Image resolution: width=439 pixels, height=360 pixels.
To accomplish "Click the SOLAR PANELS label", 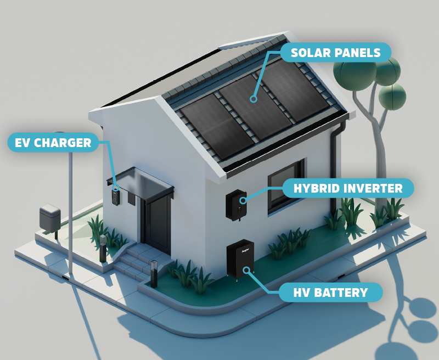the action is [335, 53].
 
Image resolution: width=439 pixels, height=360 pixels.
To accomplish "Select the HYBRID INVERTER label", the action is [348, 189].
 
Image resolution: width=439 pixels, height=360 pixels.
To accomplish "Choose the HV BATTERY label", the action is [330, 292].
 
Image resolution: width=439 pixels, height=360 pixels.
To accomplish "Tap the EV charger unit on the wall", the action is [115, 196].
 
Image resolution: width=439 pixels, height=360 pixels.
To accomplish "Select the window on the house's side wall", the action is [285, 187].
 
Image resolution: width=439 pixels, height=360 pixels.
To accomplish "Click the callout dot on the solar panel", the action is [253, 99].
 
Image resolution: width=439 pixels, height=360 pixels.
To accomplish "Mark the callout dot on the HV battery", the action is [247, 269].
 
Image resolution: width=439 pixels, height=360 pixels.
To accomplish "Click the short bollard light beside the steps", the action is [154, 272].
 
